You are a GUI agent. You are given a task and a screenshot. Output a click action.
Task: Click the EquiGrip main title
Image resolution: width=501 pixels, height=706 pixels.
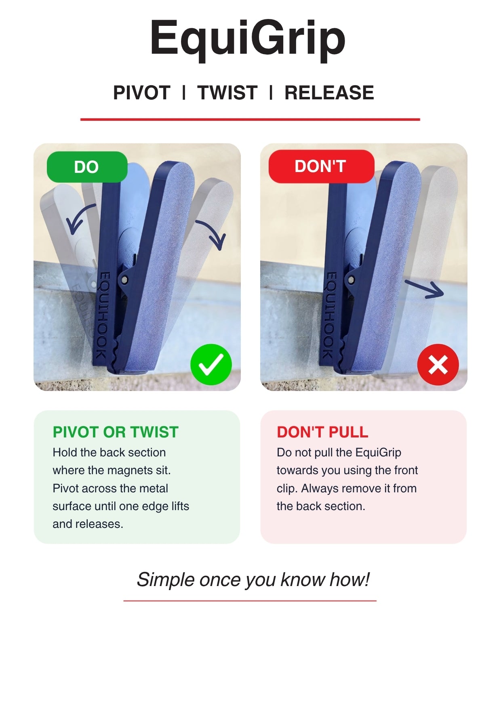(248, 38)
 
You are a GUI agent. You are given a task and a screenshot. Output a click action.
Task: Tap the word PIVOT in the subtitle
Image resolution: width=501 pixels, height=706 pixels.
(142, 93)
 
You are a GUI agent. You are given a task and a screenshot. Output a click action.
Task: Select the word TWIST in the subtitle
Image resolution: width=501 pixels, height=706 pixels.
(227, 93)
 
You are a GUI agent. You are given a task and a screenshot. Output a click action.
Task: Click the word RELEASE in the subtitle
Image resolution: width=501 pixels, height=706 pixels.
(329, 93)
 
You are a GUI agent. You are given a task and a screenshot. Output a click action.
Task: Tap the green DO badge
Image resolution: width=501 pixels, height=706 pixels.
(87, 167)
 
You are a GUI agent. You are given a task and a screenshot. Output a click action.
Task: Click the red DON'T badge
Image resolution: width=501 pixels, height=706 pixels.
(321, 166)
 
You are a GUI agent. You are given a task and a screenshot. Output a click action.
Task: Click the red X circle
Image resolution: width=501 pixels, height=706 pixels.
(438, 365)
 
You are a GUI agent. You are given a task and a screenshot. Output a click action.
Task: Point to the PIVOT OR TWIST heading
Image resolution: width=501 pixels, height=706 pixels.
(116, 432)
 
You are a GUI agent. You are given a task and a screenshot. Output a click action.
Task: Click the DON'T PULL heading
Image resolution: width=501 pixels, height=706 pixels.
(322, 432)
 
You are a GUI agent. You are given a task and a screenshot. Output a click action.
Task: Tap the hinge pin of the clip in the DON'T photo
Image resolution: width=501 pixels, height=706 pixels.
(351, 279)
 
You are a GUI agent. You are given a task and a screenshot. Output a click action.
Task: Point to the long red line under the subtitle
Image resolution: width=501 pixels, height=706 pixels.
(250, 120)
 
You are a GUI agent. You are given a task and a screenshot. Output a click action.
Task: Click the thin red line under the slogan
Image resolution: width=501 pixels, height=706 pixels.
(250, 601)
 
